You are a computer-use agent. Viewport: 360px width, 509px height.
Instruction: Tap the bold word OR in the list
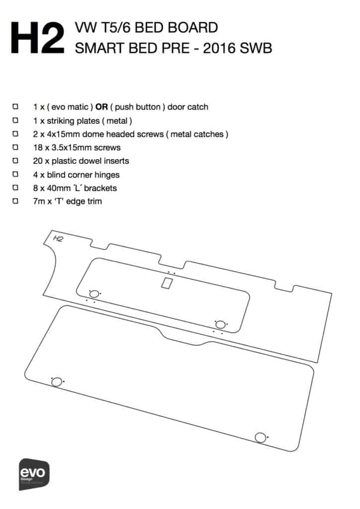point(102,107)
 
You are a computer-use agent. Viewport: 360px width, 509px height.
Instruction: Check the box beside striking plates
point(15,120)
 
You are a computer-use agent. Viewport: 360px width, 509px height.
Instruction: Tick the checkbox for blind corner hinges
point(15,174)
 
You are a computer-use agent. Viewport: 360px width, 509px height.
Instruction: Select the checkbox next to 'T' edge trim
point(15,201)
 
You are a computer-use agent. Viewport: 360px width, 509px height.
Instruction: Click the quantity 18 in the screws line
point(38,148)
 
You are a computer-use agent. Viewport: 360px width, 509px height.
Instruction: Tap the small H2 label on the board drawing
point(58,239)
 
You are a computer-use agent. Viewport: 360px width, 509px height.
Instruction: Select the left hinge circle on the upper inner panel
point(93,294)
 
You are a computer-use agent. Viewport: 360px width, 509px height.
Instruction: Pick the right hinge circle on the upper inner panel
point(220,324)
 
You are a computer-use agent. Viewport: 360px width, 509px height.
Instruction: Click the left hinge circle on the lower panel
point(57,382)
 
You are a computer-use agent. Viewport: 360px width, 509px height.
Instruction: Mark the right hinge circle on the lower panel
point(260,437)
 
